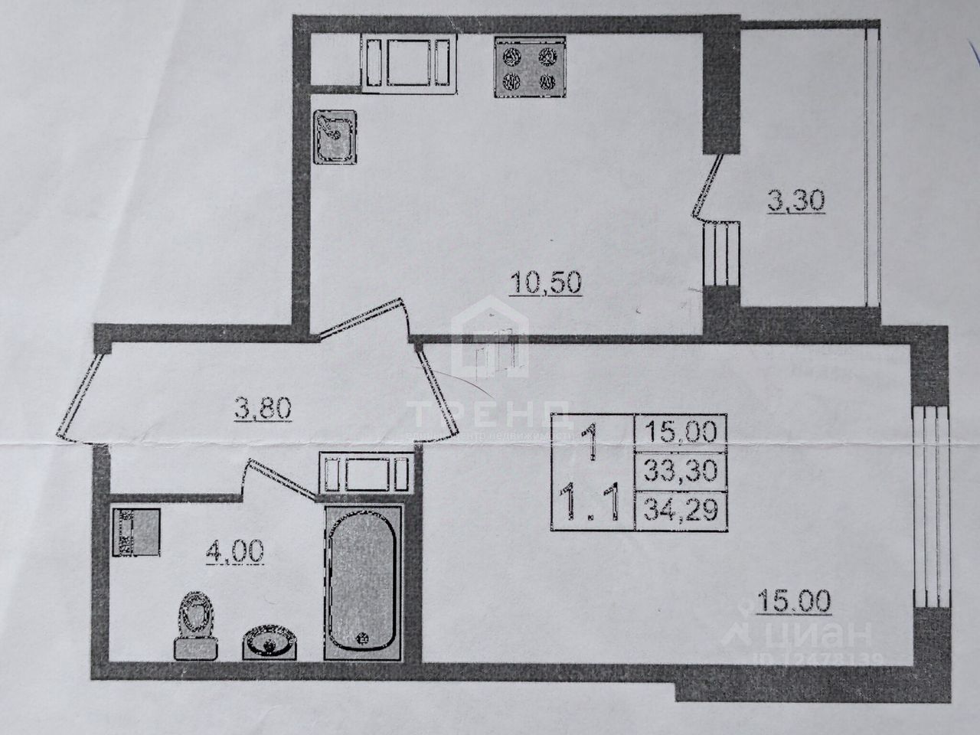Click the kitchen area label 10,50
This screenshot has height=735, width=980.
(547, 283)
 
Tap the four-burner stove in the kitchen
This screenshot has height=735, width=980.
(527, 67)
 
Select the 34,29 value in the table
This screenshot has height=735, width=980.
(681, 508)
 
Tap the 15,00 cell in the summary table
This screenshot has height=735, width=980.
(681, 432)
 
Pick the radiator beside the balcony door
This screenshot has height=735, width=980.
(720, 254)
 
